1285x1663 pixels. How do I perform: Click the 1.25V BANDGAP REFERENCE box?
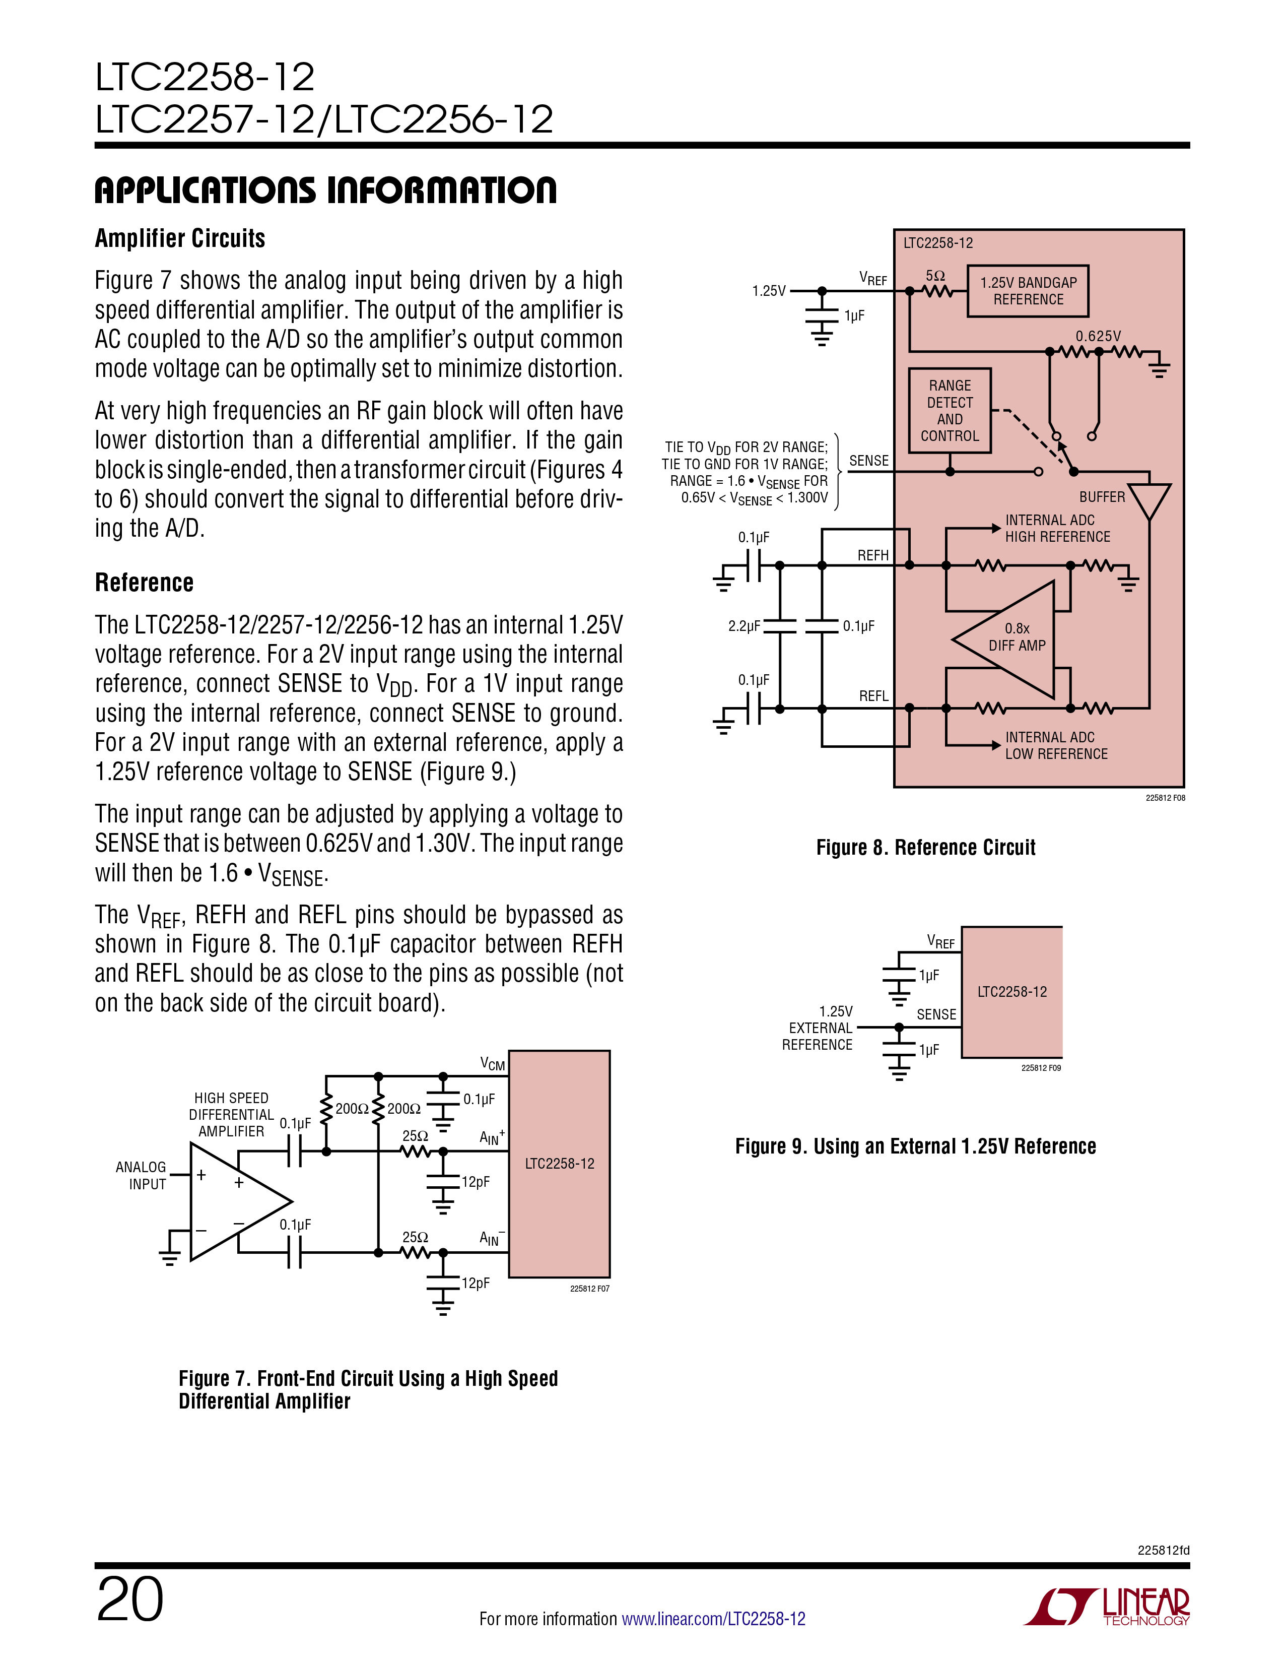point(1028,291)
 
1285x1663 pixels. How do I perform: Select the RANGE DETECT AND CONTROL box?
point(950,410)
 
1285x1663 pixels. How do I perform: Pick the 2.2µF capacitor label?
point(743,626)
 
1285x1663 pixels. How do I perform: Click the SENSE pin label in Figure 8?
point(868,461)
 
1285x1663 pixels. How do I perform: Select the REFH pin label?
point(873,555)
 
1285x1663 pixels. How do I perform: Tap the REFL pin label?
point(874,696)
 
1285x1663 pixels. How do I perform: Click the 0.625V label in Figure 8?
point(1098,336)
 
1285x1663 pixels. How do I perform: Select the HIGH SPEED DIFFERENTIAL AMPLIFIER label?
point(231,1115)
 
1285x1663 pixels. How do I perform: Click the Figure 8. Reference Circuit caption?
point(926,848)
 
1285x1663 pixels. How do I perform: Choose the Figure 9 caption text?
point(916,1146)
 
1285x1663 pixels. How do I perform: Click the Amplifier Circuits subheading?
point(180,238)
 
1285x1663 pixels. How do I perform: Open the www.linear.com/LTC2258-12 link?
point(713,1619)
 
